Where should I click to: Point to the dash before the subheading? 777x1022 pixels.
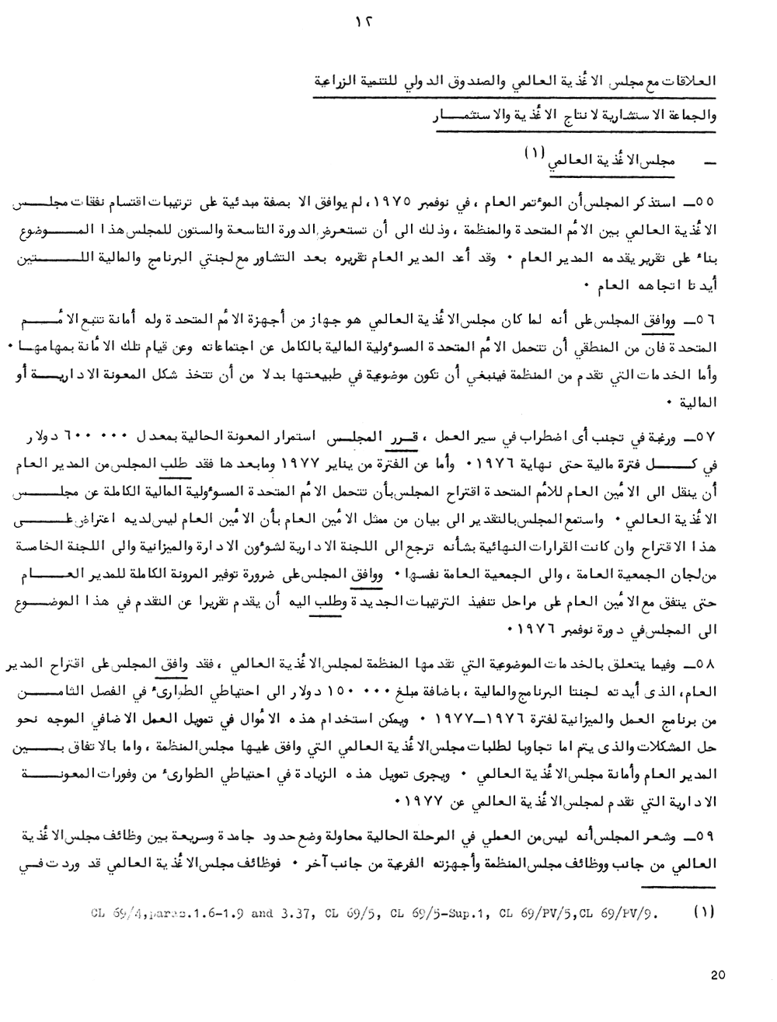708,164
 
